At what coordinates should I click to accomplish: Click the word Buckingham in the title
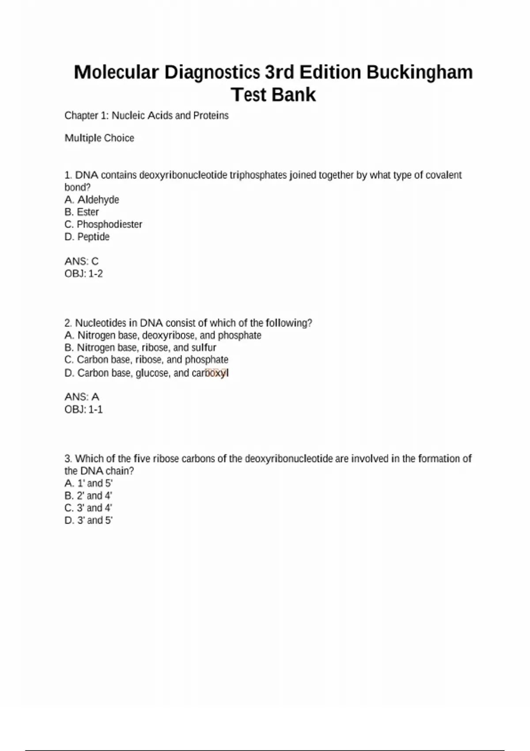tap(419, 72)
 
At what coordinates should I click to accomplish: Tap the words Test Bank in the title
tap(273, 95)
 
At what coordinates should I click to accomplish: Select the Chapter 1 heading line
tap(146, 115)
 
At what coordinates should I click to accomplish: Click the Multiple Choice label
tap(99, 138)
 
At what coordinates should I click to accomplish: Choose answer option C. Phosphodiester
tap(103, 224)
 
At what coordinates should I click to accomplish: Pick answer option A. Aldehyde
tap(92, 200)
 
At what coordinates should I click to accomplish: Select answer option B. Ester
tap(82, 212)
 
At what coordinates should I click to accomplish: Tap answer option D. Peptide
tap(87, 237)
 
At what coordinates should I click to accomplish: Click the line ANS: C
tap(82, 261)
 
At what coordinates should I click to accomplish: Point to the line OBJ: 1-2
tap(83, 273)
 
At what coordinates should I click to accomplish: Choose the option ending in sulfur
tap(140, 348)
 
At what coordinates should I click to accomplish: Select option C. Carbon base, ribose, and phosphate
tap(146, 360)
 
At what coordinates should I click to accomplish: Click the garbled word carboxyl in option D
tap(210, 373)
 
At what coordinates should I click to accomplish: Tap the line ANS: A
tap(82, 397)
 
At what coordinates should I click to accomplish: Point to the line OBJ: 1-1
tap(83, 409)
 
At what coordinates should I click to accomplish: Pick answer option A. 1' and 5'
tap(88, 483)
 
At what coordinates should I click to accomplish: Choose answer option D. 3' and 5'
tap(88, 520)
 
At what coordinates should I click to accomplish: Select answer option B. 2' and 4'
tap(88, 496)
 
